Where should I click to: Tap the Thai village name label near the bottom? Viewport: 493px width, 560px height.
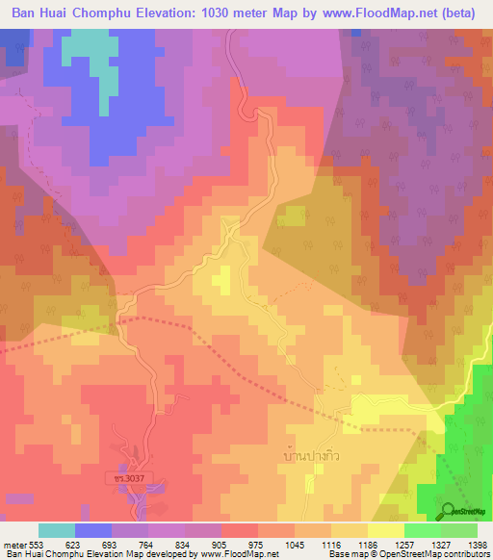click(x=314, y=449)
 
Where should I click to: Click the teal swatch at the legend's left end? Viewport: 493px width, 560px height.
click(x=56, y=530)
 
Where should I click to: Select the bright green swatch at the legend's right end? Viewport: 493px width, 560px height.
click(x=458, y=530)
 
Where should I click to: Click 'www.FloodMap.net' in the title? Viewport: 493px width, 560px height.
click(x=377, y=13)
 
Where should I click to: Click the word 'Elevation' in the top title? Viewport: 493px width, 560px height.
click(x=186, y=13)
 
